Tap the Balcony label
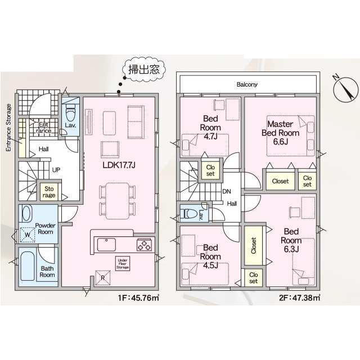point(247,84)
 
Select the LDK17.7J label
point(119,165)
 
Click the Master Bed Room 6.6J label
point(280,133)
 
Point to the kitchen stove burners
point(144,245)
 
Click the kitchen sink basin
point(106,245)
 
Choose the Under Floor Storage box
point(123,264)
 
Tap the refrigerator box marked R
point(102,278)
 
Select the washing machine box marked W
point(28,235)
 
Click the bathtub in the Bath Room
point(28,266)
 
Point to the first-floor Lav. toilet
point(70,113)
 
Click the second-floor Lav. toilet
point(190,214)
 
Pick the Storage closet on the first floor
point(49,192)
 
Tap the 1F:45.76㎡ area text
point(138,298)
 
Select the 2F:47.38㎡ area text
point(300,298)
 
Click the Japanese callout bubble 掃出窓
point(144,69)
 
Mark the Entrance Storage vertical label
point(8,128)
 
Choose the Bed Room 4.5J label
point(210,256)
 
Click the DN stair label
point(227,191)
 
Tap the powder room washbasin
point(26,214)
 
